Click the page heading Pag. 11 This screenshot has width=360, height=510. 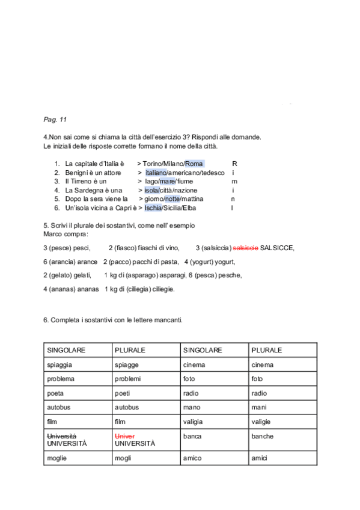click(x=55, y=119)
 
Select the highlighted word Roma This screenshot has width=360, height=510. click(x=194, y=164)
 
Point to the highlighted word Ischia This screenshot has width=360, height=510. click(x=153, y=208)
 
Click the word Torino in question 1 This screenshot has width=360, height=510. click(x=153, y=164)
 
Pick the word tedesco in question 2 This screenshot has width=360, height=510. click(x=212, y=173)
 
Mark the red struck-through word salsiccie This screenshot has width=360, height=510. click(x=245, y=248)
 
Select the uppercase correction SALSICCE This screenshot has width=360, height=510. click(x=277, y=248)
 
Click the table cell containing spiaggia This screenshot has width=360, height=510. click(x=78, y=365)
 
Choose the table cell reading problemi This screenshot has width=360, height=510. click(x=146, y=379)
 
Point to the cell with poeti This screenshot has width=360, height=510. click(x=146, y=393)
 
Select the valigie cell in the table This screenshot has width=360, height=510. click(x=282, y=422)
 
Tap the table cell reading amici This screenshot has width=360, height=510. click(x=282, y=458)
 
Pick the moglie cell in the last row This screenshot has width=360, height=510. click(x=78, y=458)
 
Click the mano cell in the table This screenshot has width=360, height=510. click(x=214, y=407)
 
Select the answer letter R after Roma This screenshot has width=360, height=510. click(x=234, y=164)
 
